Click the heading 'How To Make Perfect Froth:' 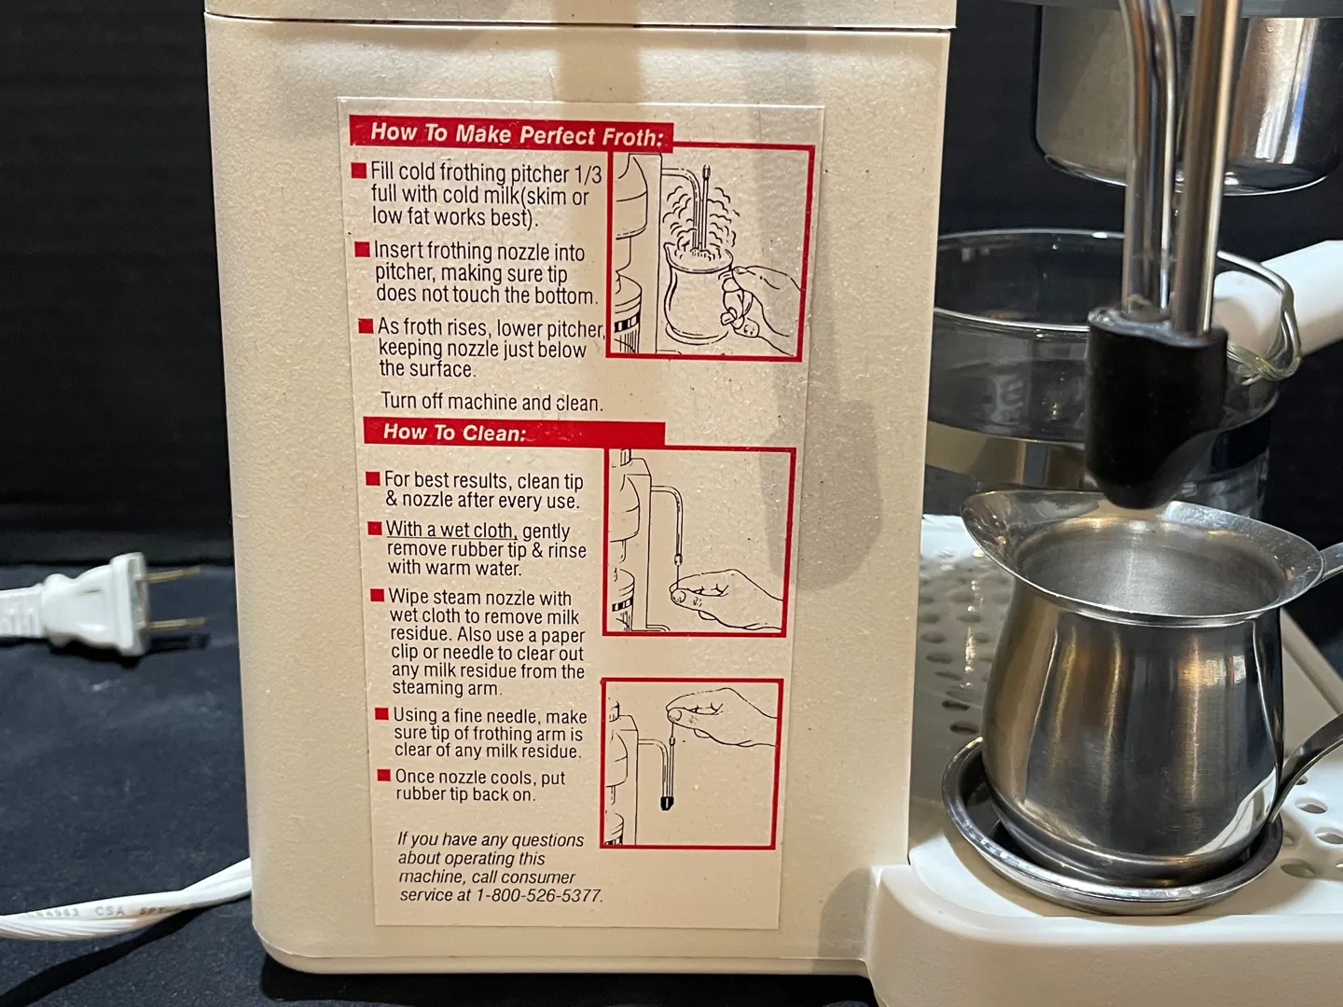pos(517,134)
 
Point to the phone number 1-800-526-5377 pos(539,896)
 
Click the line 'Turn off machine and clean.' pos(492,402)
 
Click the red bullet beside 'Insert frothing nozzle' pos(362,250)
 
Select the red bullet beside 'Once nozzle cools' pos(383,776)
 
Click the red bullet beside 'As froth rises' pos(366,325)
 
